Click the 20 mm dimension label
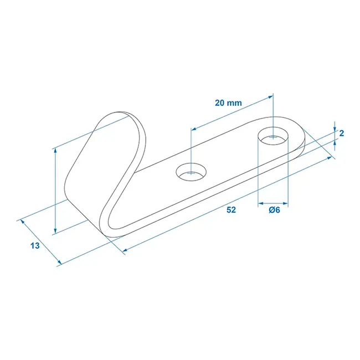pyautogui.click(x=227, y=103)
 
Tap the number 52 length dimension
pyautogui.click(x=231, y=210)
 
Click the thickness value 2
pyautogui.click(x=342, y=133)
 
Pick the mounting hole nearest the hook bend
pyautogui.click(x=190, y=173)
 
